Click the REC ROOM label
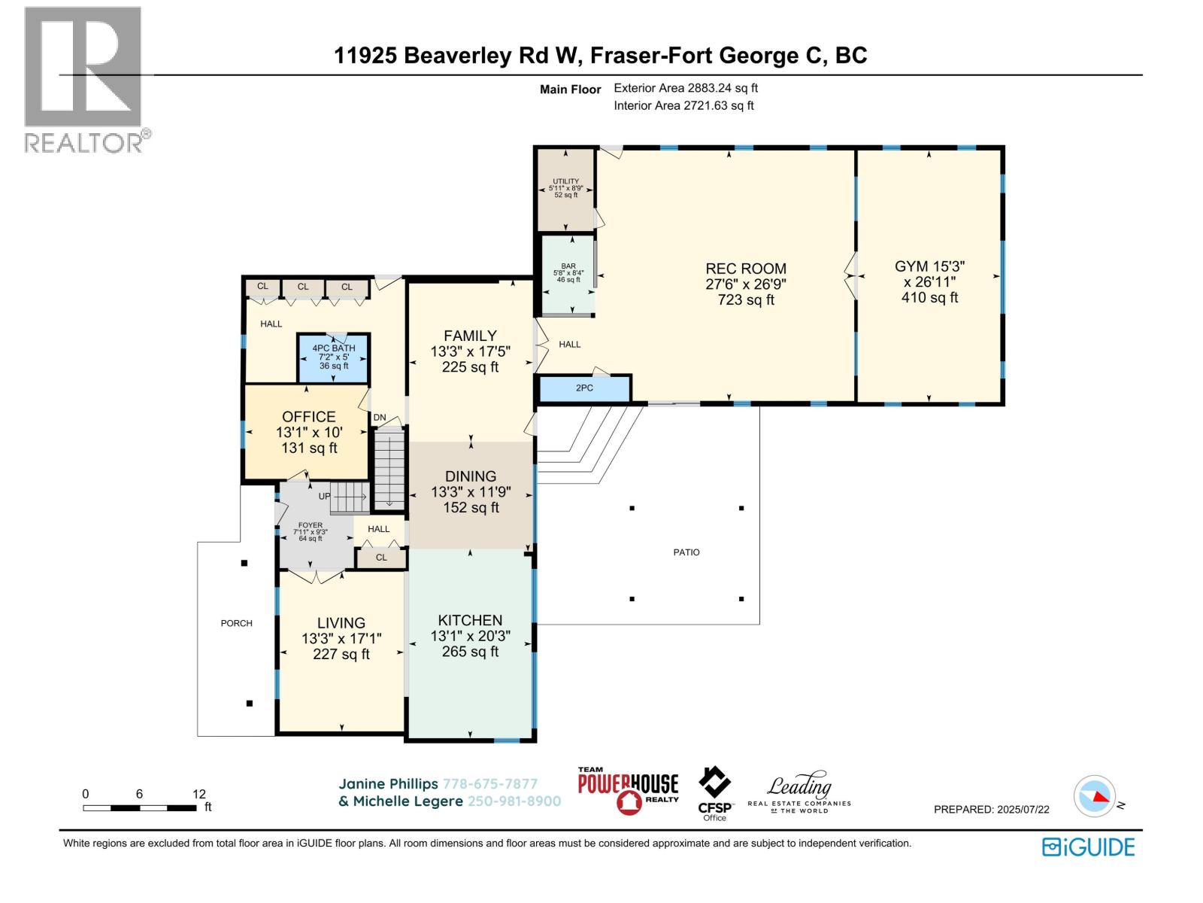tap(745, 269)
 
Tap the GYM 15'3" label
tap(929, 266)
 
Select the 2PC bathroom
tap(584, 388)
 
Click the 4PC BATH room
tap(333, 358)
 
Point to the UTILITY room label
tap(565, 181)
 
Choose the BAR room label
tap(568, 266)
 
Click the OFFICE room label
tap(308, 417)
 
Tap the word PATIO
tap(686, 552)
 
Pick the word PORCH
tap(236, 623)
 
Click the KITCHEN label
tap(470, 620)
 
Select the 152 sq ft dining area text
tap(471, 508)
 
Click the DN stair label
tap(379, 417)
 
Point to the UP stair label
tap(325, 496)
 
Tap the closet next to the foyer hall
tap(381, 558)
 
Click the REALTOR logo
tap(86, 80)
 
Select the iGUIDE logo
tap(1088, 847)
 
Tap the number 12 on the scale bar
tap(199, 794)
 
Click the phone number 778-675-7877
tap(490, 784)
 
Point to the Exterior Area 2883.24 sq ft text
tap(686, 88)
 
